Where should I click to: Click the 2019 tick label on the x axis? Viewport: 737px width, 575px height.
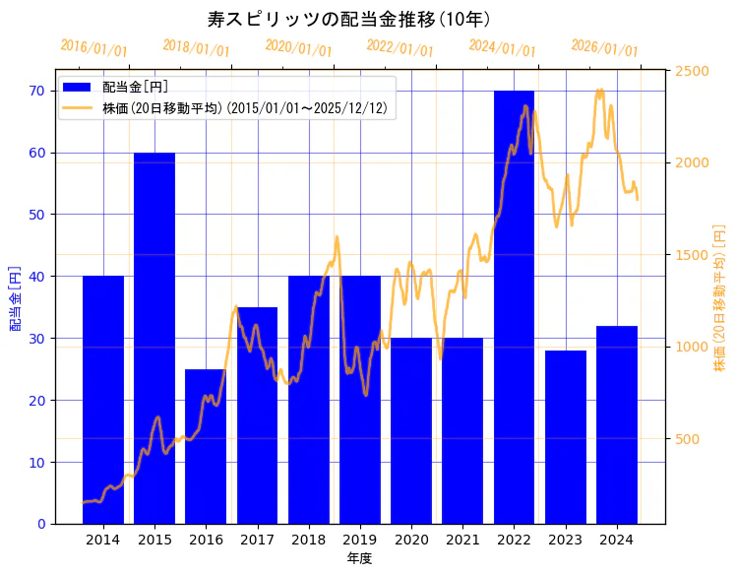point(360,540)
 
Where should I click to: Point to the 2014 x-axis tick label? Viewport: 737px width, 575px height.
point(103,540)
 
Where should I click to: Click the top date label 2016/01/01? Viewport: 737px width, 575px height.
point(93,48)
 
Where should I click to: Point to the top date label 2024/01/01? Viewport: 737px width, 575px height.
point(502,48)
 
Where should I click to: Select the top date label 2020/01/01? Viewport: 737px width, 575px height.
point(298,48)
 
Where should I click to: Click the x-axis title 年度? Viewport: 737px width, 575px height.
point(359,558)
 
